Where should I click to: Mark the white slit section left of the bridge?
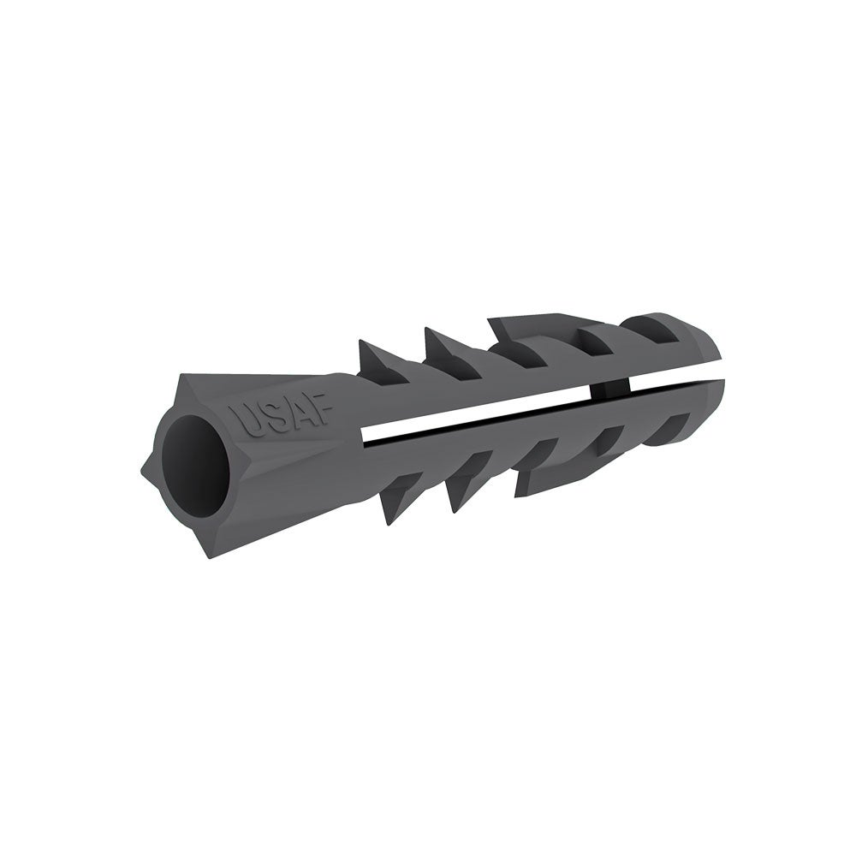(x=479, y=413)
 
